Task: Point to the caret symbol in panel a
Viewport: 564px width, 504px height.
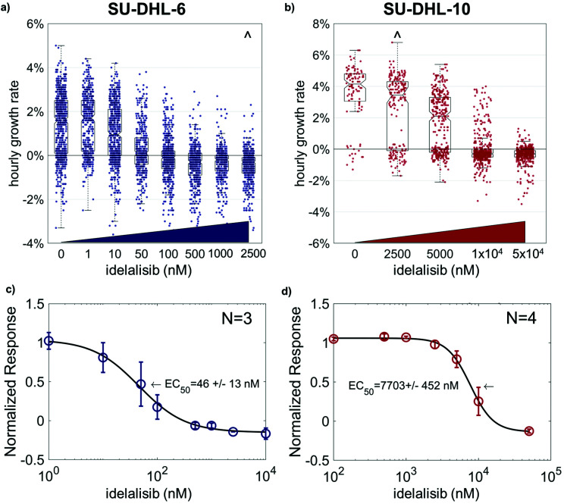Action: pos(247,34)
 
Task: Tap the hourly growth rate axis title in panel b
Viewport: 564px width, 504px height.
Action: pos(295,133)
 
